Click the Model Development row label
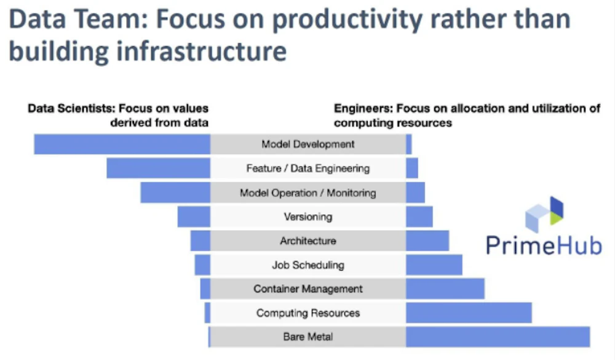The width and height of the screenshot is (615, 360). click(308, 144)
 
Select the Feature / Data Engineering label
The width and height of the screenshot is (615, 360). click(308, 169)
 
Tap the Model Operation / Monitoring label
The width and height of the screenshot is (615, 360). click(308, 193)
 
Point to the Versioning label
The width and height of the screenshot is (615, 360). click(308, 217)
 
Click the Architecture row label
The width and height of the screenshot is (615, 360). click(308, 241)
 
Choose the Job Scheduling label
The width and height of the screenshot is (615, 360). click(308, 265)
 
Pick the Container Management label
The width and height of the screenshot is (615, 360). click(308, 289)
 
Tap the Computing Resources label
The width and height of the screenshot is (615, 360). click(308, 313)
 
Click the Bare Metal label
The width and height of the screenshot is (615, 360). click(308, 337)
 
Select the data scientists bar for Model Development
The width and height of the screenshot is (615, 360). click(122, 144)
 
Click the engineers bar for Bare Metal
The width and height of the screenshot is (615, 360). click(498, 337)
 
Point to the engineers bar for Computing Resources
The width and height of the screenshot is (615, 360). click(469, 313)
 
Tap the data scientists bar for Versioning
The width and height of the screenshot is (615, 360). click(194, 217)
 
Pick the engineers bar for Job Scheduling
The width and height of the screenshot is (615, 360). click(434, 265)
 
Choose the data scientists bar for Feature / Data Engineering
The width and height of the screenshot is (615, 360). click(159, 169)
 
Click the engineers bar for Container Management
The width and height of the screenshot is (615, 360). click(445, 289)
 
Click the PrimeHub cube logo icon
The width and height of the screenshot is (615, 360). click(544, 214)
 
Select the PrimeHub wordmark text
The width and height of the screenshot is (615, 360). click(544, 246)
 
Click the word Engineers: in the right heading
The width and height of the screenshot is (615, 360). click(363, 108)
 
